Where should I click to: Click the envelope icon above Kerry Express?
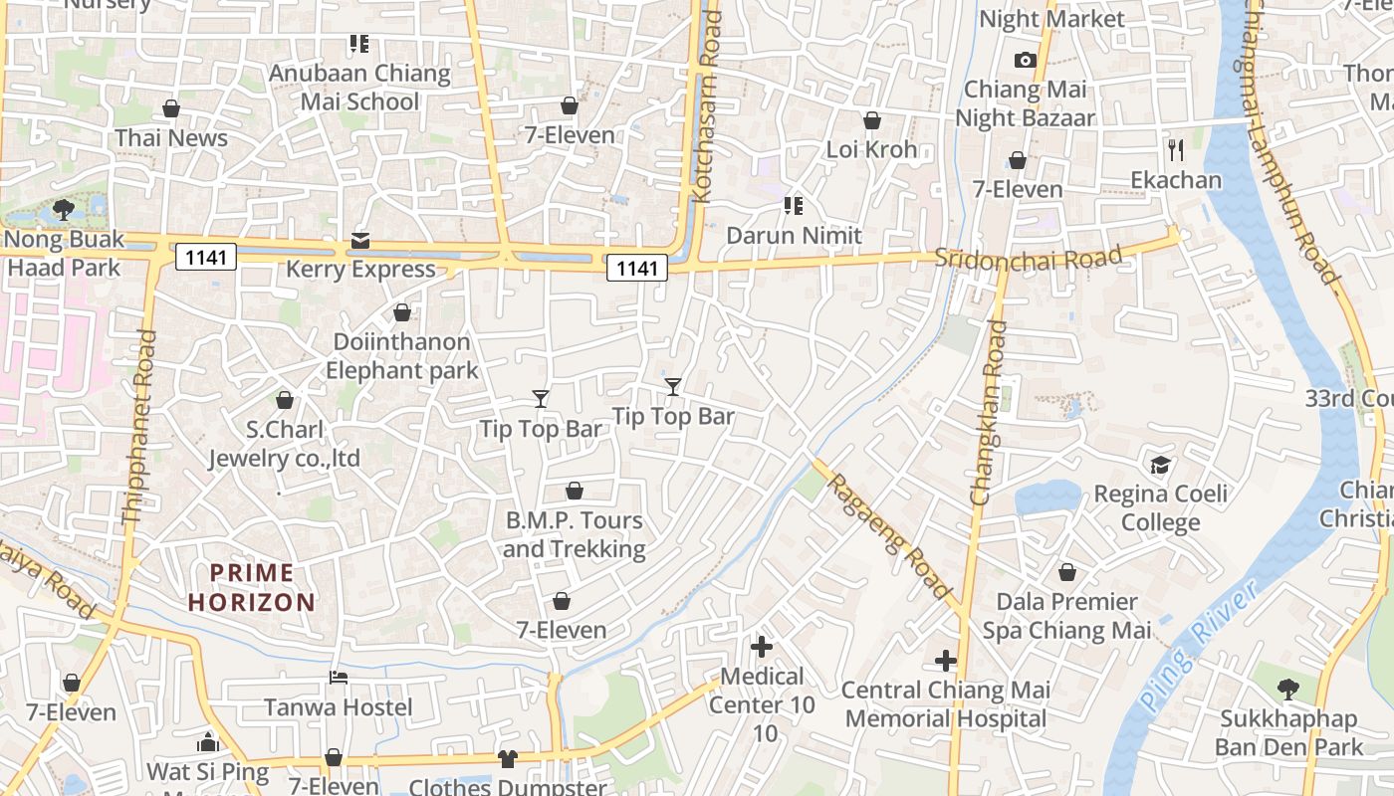(359, 241)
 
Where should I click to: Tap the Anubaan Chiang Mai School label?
(359, 88)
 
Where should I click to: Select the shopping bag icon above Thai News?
(171, 108)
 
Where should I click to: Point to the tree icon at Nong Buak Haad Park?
(64, 209)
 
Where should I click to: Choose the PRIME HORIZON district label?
(252, 587)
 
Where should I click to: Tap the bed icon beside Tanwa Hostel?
(339, 679)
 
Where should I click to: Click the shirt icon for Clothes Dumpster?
(508, 759)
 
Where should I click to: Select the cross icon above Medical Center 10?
(762, 647)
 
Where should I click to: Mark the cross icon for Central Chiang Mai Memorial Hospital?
(946, 661)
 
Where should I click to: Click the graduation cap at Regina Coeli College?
(1161, 465)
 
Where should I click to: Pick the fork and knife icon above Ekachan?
(1176, 150)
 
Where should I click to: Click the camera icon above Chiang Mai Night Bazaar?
(1025, 61)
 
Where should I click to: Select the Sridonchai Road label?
(1028, 257)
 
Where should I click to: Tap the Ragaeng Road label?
(889, 536)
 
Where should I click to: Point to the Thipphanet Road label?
(139, 428)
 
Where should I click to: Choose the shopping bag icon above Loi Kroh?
(872, 120)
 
